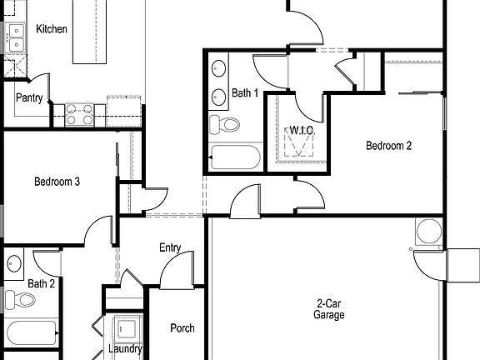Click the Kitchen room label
pyautogui.click(x=52, y=29)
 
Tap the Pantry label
pyautogui.click(x=30, y=97)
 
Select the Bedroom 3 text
pyautogui.click(x=57, y=182)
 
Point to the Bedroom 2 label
pyautogui.click(x=388, y=146)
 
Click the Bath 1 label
pyautogui.click(x=245, y=92)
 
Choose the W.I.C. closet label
pyautogui.click(x=299, y=130)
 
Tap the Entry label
pyautogui.click(x=170, y=248)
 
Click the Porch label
pyautogui.click(x=182, y=328)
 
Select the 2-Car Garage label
pyautogui.click(x=329, y=309)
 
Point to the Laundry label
pyautogui.click(x=125, y=349)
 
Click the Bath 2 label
pyautogui.click(x=41, y=284)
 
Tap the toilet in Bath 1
pyautogui.click(x=224, y=126)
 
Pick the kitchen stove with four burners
pyautogui.click(x=79, y=113)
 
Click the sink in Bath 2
pyautogui.click(x=13, y=265)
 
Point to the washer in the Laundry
pyautogui.click(x=127, y=327)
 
